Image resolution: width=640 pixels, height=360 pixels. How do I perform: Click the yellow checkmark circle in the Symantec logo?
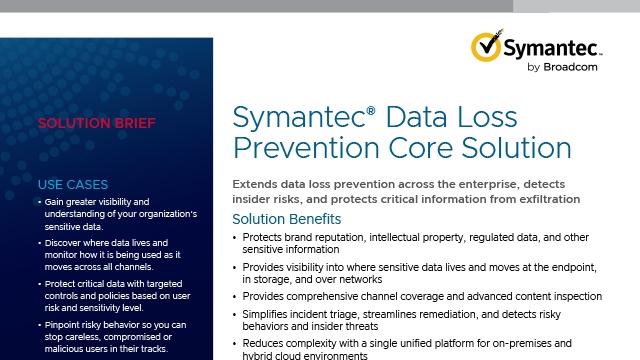click(x=485, y=47)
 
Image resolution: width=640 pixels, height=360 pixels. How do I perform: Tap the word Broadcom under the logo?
click(x=574, y=68)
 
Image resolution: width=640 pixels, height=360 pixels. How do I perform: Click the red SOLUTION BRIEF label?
click(x=82, y=126)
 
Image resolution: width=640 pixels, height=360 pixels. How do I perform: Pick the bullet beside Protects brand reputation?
click(x=236, y=238)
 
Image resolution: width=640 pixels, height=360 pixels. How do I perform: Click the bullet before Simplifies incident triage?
click(x=236, y=314)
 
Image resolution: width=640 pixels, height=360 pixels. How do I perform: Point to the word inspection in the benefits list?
click(x=573, y=296)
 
